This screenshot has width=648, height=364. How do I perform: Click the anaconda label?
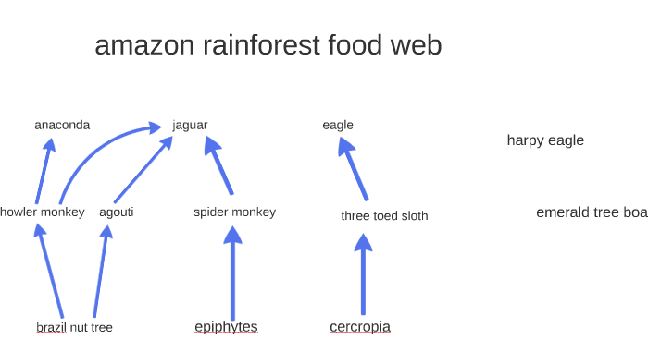click(62, 125)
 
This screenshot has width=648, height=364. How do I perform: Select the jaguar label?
click(190, 125)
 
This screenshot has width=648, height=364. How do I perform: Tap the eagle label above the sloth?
click(338, 125)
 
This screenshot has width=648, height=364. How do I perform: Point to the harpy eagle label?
click(545, 140)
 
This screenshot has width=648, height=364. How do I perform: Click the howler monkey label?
click(43, 212)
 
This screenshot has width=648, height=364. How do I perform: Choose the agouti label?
click(117, 212)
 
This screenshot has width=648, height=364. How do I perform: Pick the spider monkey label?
click(234, 212)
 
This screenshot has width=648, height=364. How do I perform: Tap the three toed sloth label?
click(384, 216)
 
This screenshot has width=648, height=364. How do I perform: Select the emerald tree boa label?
click(591, 212)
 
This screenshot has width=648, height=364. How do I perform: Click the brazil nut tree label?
click(74, 327)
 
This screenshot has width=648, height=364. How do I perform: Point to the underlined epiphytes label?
click(226, 326)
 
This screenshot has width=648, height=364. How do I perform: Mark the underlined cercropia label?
click(360, 326)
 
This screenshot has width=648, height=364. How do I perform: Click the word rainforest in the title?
click(261, 44)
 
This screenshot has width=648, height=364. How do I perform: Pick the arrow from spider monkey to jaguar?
click(220, 166)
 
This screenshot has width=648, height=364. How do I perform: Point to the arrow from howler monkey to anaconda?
click(44, 171)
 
